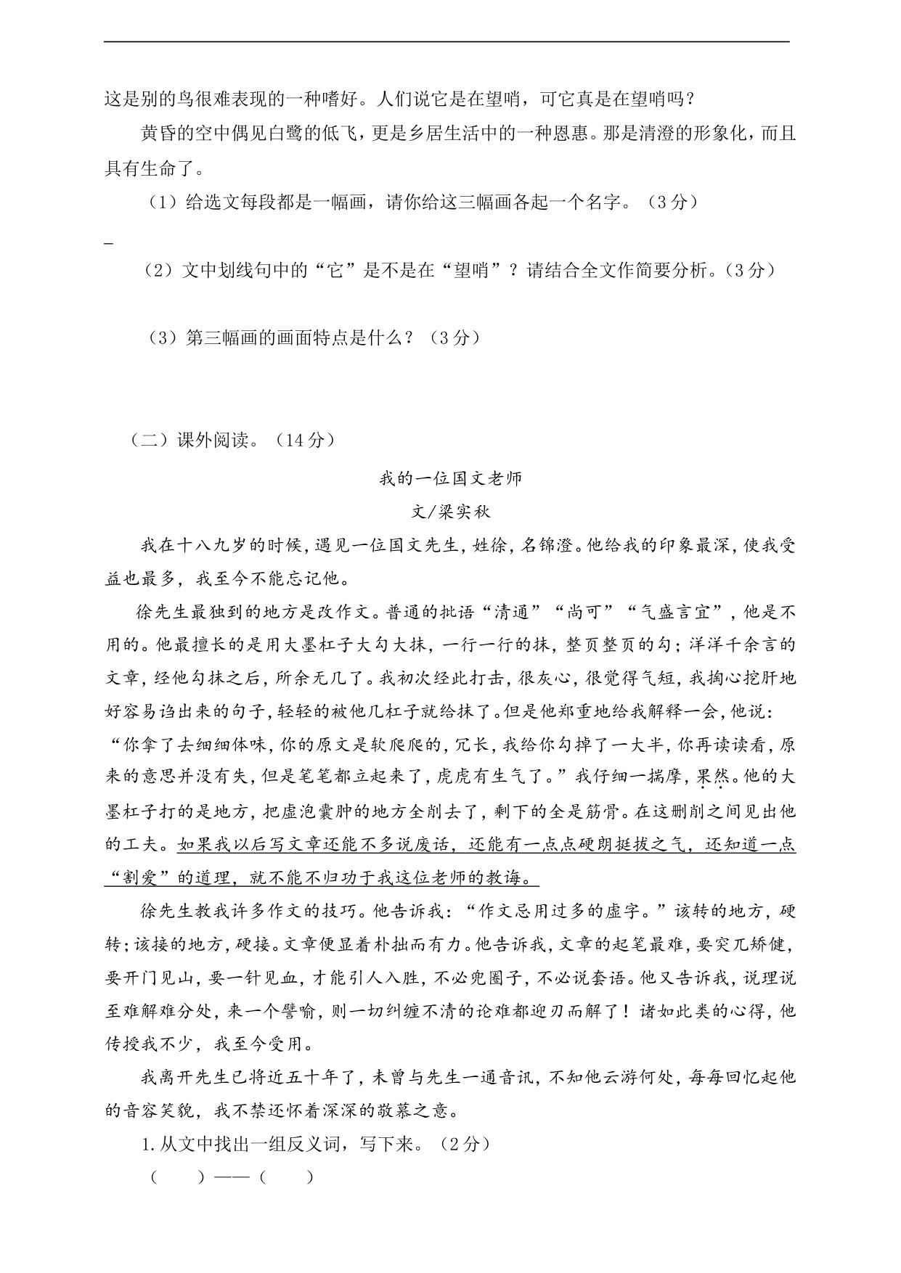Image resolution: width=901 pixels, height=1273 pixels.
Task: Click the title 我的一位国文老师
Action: click(x=450, y=479)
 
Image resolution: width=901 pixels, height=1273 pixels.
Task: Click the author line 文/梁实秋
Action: click(x=450, y=512)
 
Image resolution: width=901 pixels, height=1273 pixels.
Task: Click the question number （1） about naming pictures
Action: click(x=163, y=202)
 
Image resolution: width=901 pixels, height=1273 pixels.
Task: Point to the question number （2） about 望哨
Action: click(x=160, y=271)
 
